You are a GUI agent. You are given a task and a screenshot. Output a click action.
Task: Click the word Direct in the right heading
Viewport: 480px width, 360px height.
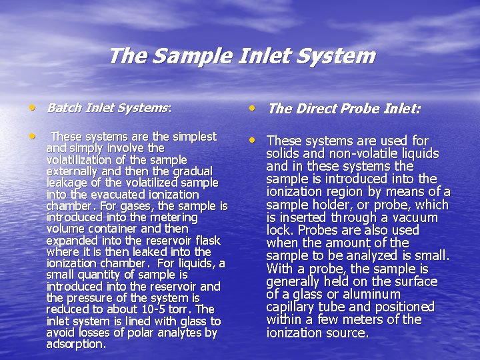(316, 108)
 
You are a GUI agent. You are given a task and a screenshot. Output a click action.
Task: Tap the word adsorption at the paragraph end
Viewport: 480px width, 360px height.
(75, 344)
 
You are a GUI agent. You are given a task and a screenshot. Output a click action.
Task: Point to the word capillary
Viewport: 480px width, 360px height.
(293, 307)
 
